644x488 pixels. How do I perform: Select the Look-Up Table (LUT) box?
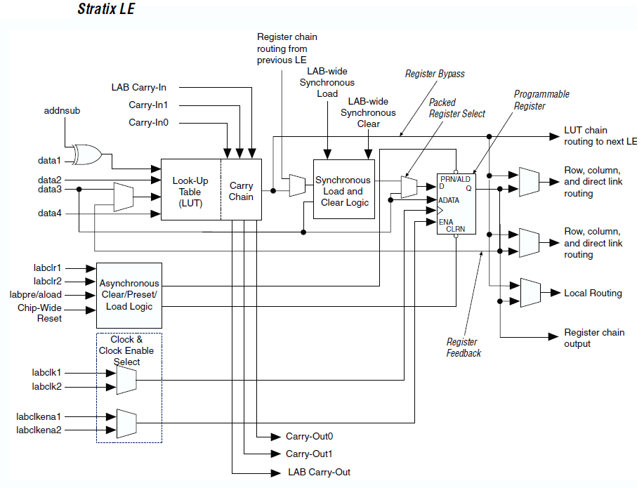click(190, 192)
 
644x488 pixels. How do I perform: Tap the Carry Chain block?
click(241, 191)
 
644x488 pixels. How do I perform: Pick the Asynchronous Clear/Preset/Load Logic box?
click(130, 295)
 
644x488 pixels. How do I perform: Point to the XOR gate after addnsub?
click(88, 154)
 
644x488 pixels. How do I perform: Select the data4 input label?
click(50, 212)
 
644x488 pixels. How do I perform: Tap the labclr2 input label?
click(47, 282)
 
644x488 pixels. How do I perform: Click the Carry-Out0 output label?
click(309, 436)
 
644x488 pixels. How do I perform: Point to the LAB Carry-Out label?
click(319, 472)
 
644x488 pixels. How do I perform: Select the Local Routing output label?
click(593, 293)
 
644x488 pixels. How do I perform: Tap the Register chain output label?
click(594, 338)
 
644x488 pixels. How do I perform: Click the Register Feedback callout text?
click(464, 348)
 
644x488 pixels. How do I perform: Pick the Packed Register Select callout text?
click(457, 108)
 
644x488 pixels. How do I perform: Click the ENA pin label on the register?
click(446, 221)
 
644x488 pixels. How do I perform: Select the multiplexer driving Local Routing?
click(529, 293)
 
